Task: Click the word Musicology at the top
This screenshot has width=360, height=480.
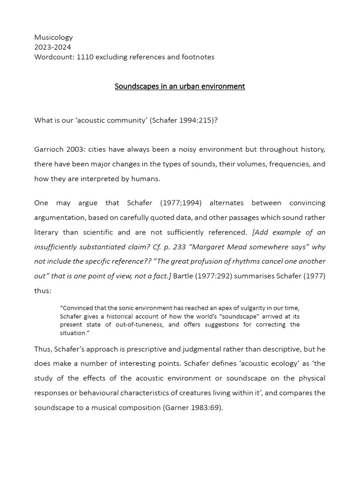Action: tap(53, 37)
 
